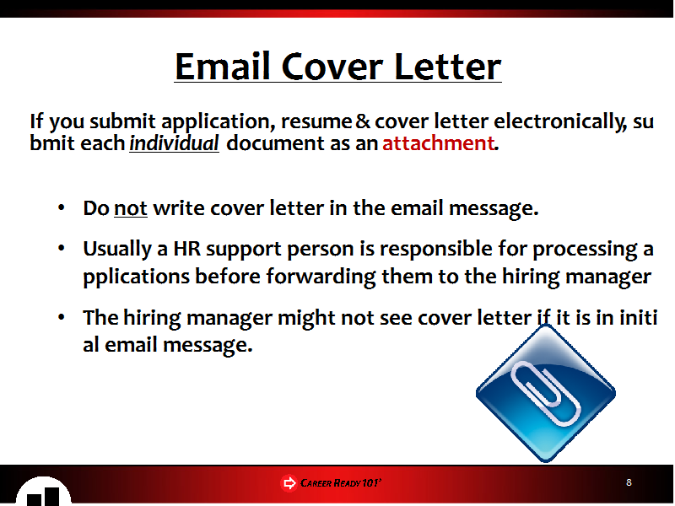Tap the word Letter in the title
(x=447, y=67)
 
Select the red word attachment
(x=438, y=143)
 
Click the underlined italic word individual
(x=175, y=143)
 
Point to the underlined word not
(x=131, y=208)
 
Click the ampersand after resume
(x=363, y=121)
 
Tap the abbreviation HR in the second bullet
(x=186, y=249)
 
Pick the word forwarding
(x=321, y=277)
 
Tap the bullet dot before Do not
(x=61, y=207)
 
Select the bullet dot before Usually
(x=61, y=248)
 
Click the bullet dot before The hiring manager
(x=61, y=318)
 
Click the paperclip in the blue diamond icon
(x=545, y=393)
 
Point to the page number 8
(x=629, y=482)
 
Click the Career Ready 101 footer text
(x=341, y=482)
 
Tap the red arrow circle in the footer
(x=289, y=482)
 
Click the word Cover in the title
(x=332, y=67)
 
